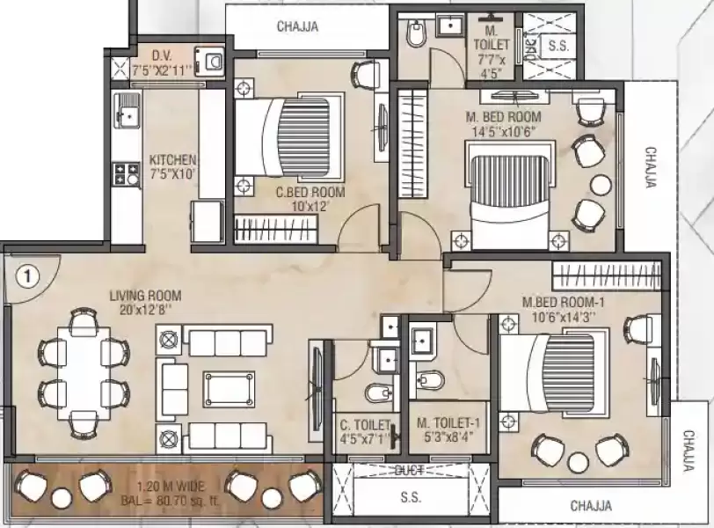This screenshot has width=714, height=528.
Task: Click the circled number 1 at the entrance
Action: point(28,276)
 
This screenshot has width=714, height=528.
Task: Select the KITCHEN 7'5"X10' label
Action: point(172,166)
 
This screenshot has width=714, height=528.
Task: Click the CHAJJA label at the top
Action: point(297,26)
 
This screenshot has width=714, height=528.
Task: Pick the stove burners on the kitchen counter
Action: point(125,173)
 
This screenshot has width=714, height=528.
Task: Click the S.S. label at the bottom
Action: point(410,498)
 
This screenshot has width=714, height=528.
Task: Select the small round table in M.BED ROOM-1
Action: point(578,464)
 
